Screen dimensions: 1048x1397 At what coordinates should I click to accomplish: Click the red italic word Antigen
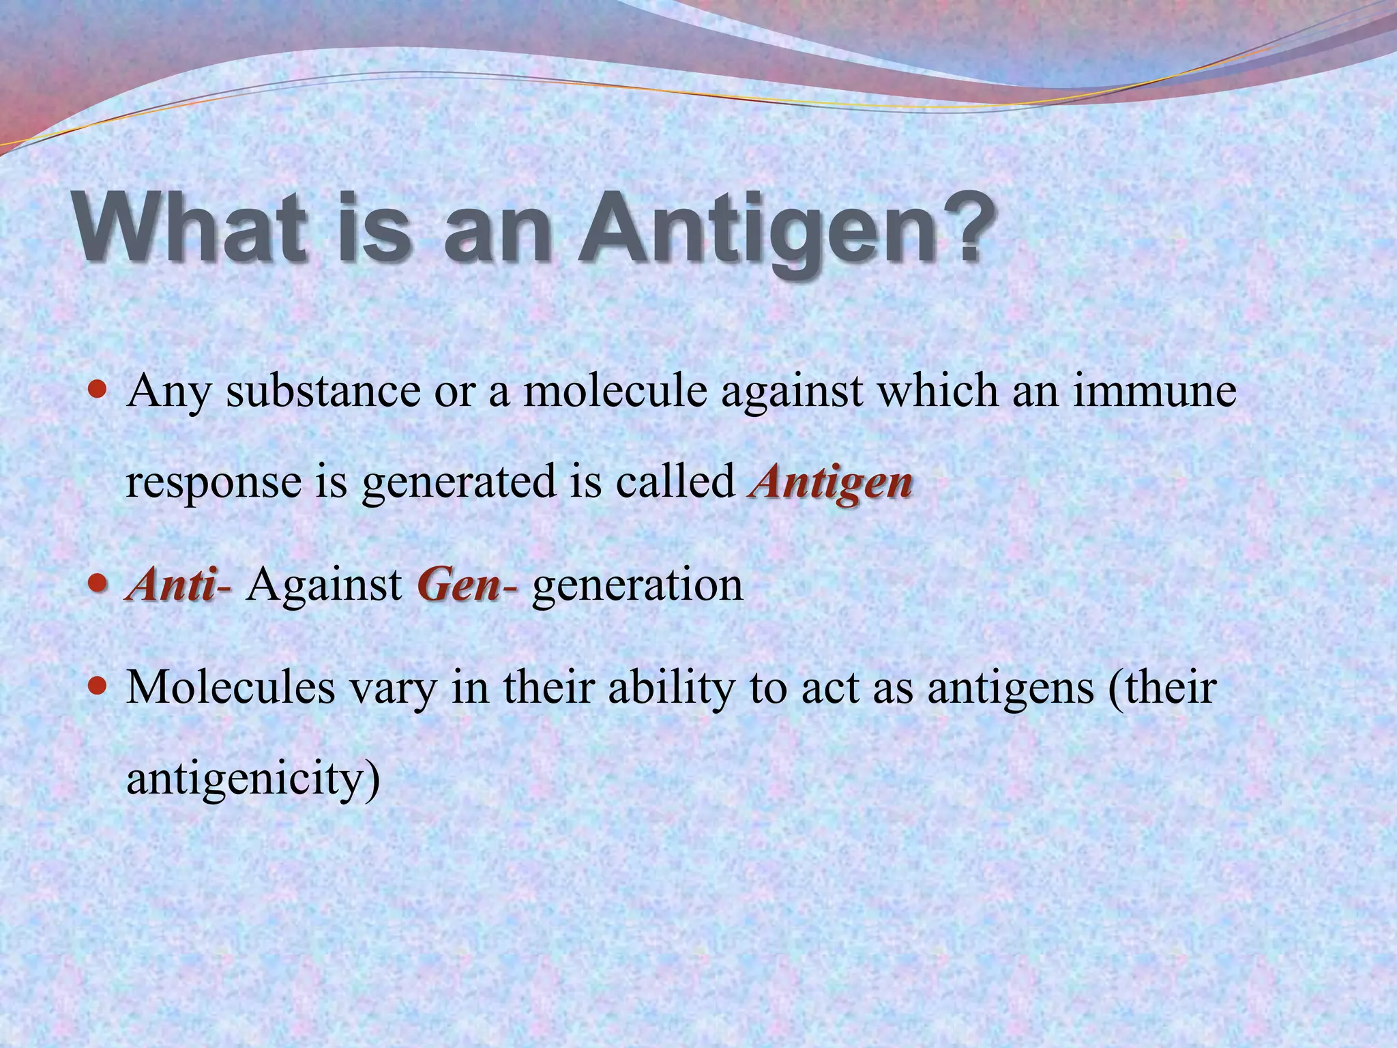830,483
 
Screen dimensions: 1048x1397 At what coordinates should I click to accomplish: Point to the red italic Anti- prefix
179,585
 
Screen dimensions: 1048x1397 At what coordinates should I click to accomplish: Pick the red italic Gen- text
467,585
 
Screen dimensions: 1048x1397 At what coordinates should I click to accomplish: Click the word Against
324,585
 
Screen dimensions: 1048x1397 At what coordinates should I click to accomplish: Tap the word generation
637,585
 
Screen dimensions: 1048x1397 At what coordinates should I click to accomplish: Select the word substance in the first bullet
323,392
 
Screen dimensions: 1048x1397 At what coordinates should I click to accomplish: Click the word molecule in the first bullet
615,392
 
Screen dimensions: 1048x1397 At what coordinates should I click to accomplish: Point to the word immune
1154,392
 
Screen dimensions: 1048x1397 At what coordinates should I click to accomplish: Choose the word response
214,483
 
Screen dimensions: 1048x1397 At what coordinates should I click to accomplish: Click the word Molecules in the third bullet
231,688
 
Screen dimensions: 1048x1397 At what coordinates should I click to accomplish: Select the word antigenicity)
253,779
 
